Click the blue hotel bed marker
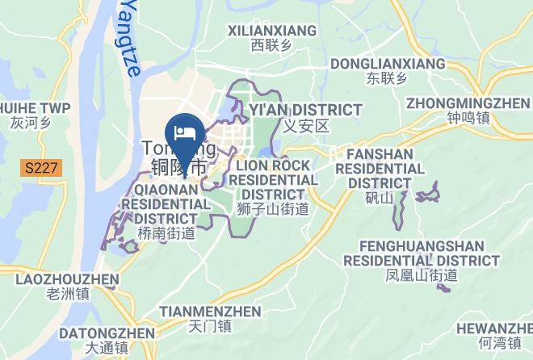[183, 132]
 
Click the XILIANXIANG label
[272, 31]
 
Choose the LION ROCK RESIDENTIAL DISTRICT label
[273, 179]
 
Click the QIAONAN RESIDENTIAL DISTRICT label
[166, 203]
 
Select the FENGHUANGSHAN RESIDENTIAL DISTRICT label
[421, 253]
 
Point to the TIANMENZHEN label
[210, 311]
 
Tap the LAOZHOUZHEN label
[67, 278]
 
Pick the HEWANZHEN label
[493, 328]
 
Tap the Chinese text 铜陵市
[178, 168]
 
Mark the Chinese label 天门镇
[209, 326]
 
